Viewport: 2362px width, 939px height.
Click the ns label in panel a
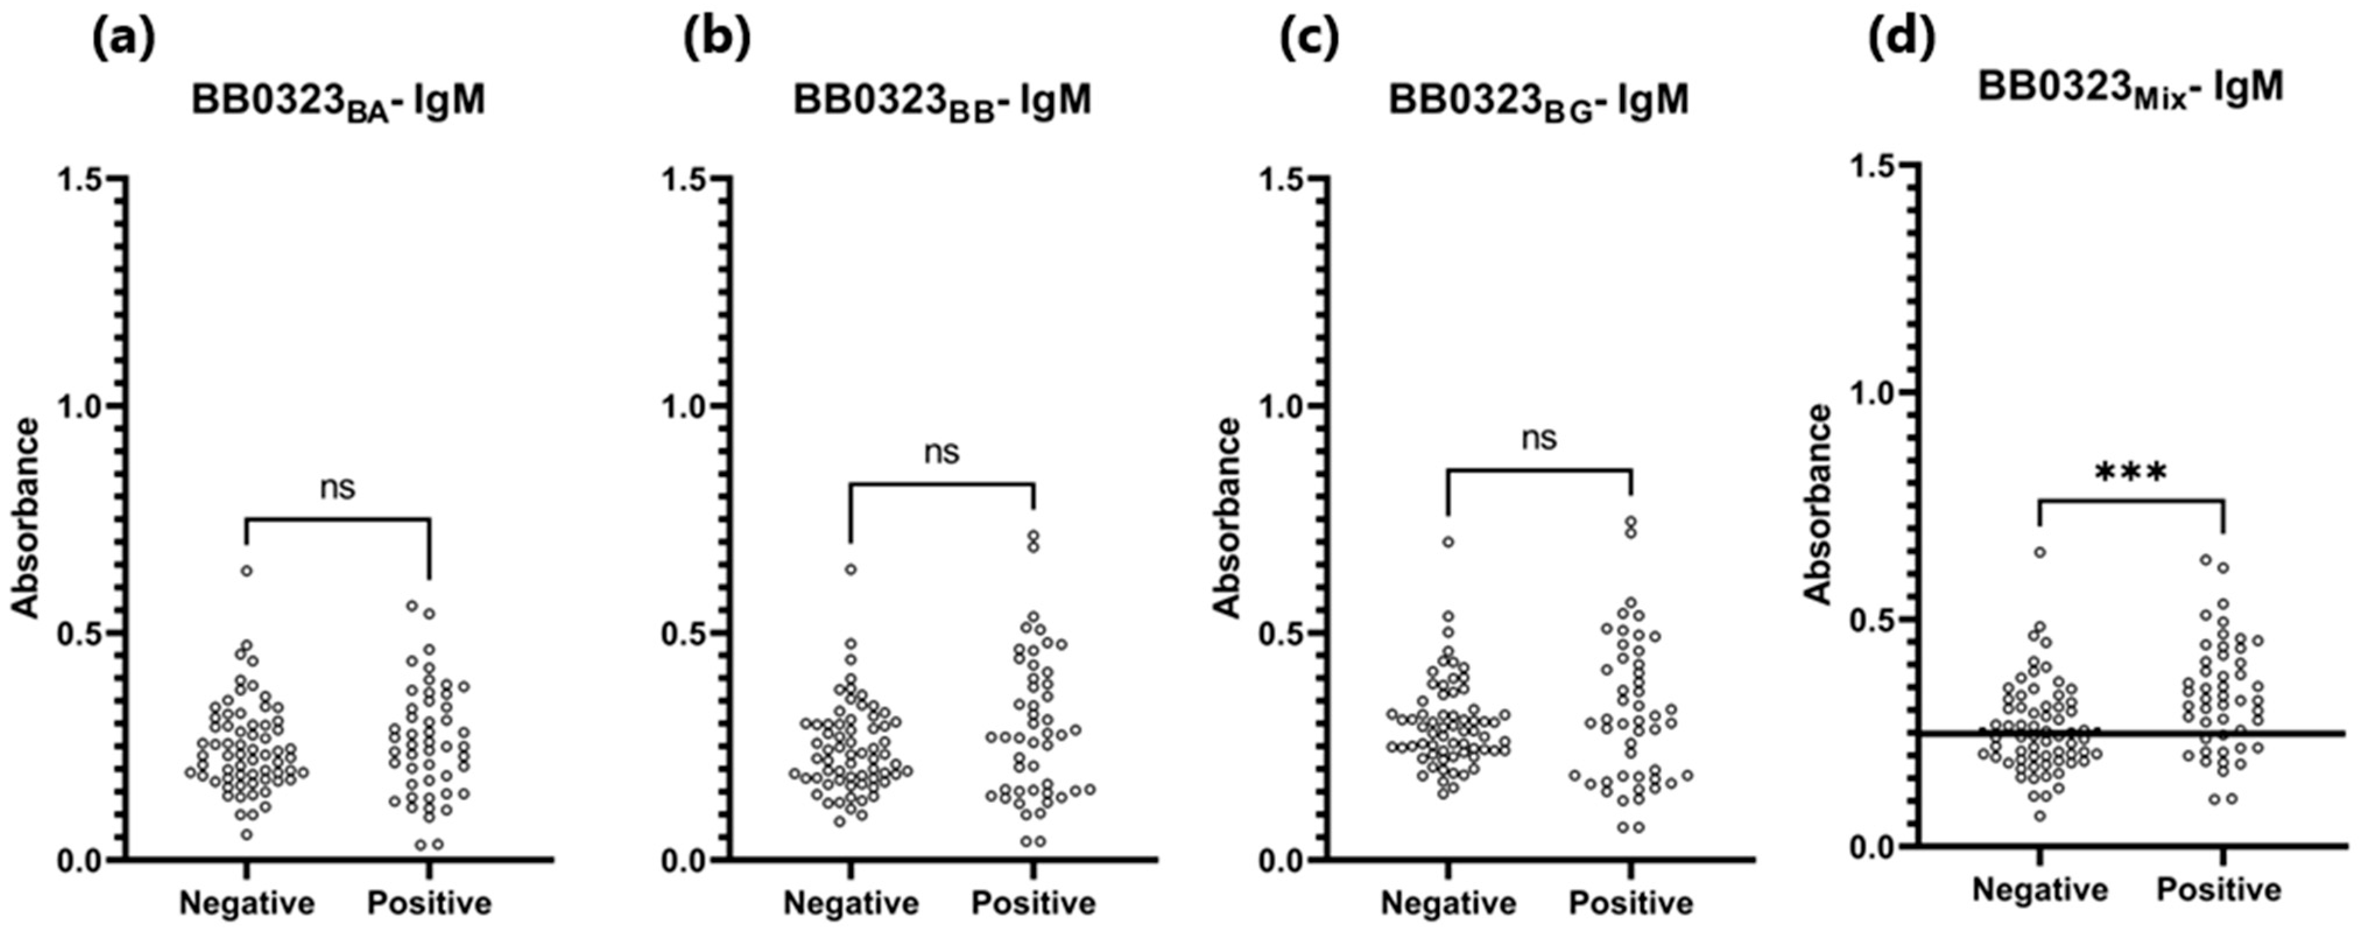click(x=337, y=488)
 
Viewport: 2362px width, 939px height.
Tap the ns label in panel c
click(x=1539, y=438)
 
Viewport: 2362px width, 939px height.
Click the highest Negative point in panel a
click(x=246, y=571)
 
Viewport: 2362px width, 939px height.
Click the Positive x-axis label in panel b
click(x=1034, y=904)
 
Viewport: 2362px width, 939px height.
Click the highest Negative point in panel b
click(x=851, y=569)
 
